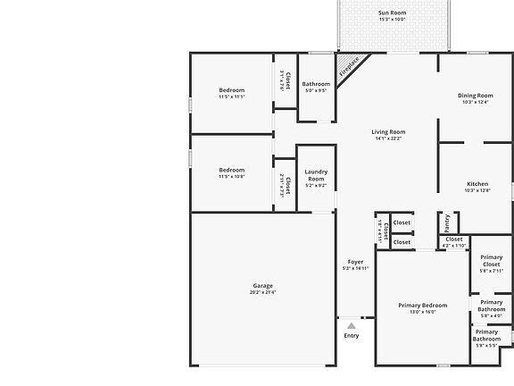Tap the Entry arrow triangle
tap(352, 326)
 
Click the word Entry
tap(352, 336)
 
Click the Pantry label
tap(446, 220)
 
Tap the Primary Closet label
tap(492, 262)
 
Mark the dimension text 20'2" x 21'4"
tap(262, 292)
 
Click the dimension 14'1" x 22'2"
tap(388, 138)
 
